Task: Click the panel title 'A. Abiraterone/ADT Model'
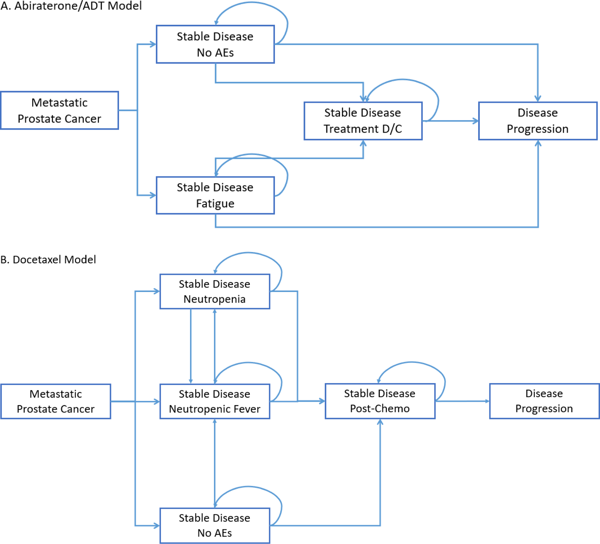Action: tap(71, 6)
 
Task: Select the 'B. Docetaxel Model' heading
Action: tap(48, 259)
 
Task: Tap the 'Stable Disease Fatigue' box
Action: tap(215, 195)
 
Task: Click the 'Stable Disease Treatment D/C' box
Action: tap(363, 121)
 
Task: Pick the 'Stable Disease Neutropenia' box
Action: tap(214, 291)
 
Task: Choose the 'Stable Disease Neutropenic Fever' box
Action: tap(214, 401)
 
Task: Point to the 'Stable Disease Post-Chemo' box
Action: tap(380, 401)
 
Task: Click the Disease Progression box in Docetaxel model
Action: tap(544, 401)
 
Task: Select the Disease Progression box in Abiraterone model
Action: tap(537, 121)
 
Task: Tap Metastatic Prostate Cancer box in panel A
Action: tap(59, 110)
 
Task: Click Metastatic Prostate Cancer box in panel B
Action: tap(56, 401)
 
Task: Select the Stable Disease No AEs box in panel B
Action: tap(214, 525)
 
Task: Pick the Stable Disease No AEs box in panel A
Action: tap(215, 44)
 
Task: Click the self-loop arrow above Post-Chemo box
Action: tap(412, 362)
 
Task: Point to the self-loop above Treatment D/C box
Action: tap(403, 80)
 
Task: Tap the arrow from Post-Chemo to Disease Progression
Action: tap(462, 401)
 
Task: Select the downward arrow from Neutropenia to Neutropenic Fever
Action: tap(191, 347)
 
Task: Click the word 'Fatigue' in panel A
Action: tap(215, 203)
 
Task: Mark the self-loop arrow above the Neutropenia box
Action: tap(248, 253)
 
